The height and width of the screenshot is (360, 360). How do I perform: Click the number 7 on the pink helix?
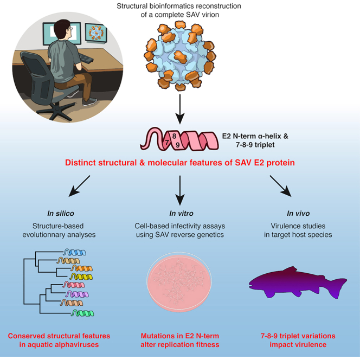pyautogui.click(x=167, y=143)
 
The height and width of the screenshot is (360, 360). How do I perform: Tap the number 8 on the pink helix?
pyautogui.click(x=174, y=136)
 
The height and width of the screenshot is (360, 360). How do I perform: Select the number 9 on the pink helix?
pyautogui.click(x=177, y=145)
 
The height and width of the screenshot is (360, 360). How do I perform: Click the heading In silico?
pyautogui.click(x=61, y=213)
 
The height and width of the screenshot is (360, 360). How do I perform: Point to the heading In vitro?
pyautogui.click(x=181, y=213)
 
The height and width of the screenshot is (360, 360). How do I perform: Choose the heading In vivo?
pyautogui.click(x=298, y=213)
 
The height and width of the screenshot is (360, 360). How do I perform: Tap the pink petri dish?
pyautogui.click(x=179, y=282)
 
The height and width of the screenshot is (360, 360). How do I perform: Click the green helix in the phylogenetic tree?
pyautogui.click(x=82, y=313)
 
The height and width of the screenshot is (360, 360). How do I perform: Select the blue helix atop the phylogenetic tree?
pyautogui.click(x=75, y=252)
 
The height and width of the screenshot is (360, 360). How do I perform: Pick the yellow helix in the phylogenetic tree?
pyautogui.click(x=81, y=277)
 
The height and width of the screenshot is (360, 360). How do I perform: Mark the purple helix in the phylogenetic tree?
pyautogui.click(x=77, y=294)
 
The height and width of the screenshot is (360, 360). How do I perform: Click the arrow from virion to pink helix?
pyautogui.click(x=180, y=109)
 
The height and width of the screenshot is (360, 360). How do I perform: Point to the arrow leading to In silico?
pyautogui.click(x=79, y=186)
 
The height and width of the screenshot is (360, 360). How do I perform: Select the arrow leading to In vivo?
pyautogui.click(x=280, y=186)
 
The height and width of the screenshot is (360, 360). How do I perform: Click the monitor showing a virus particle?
pyautogui.click(x=96, y=33)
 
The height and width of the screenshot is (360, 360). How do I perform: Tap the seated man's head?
pyautogui.click(x=62, y=29)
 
